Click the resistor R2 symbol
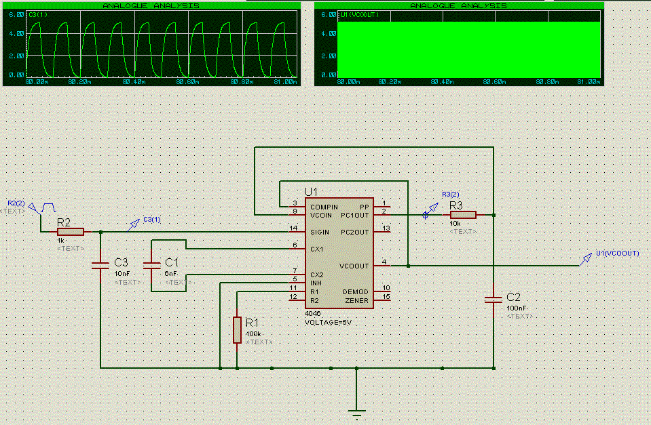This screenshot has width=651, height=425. pyautogui.click(x=70, y=231)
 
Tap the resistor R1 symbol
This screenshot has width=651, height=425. pyautogui.click(x=236, y=329)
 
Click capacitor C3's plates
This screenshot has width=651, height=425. pyautogui.click(x=100, y=265)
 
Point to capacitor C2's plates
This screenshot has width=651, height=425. pyautogui.click(x=494, y=298)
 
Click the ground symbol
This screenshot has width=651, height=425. pyautogui.click(x=356, y=411)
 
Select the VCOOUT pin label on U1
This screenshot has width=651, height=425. pyautogui.click(x=354, y=266)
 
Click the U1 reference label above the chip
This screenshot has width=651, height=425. pyautogui.click(x=312, y=191)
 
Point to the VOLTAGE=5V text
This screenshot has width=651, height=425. pyautogui.click(x=329, y=322)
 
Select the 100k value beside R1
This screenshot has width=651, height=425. pyautogui.click(x=254, y=334)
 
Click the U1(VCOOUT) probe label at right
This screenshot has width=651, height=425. pyautogui.click(x=617, y=253)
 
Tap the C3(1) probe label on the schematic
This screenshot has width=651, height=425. pyautogui.click(x=152, y=219)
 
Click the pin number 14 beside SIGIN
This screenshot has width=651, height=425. pyautogui.click(x=293, y=228)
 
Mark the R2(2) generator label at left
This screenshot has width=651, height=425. pyautogui.click(x=16, y=203)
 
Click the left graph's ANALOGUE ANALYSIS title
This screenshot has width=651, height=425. pyautogui.click(x=151, y=5)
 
